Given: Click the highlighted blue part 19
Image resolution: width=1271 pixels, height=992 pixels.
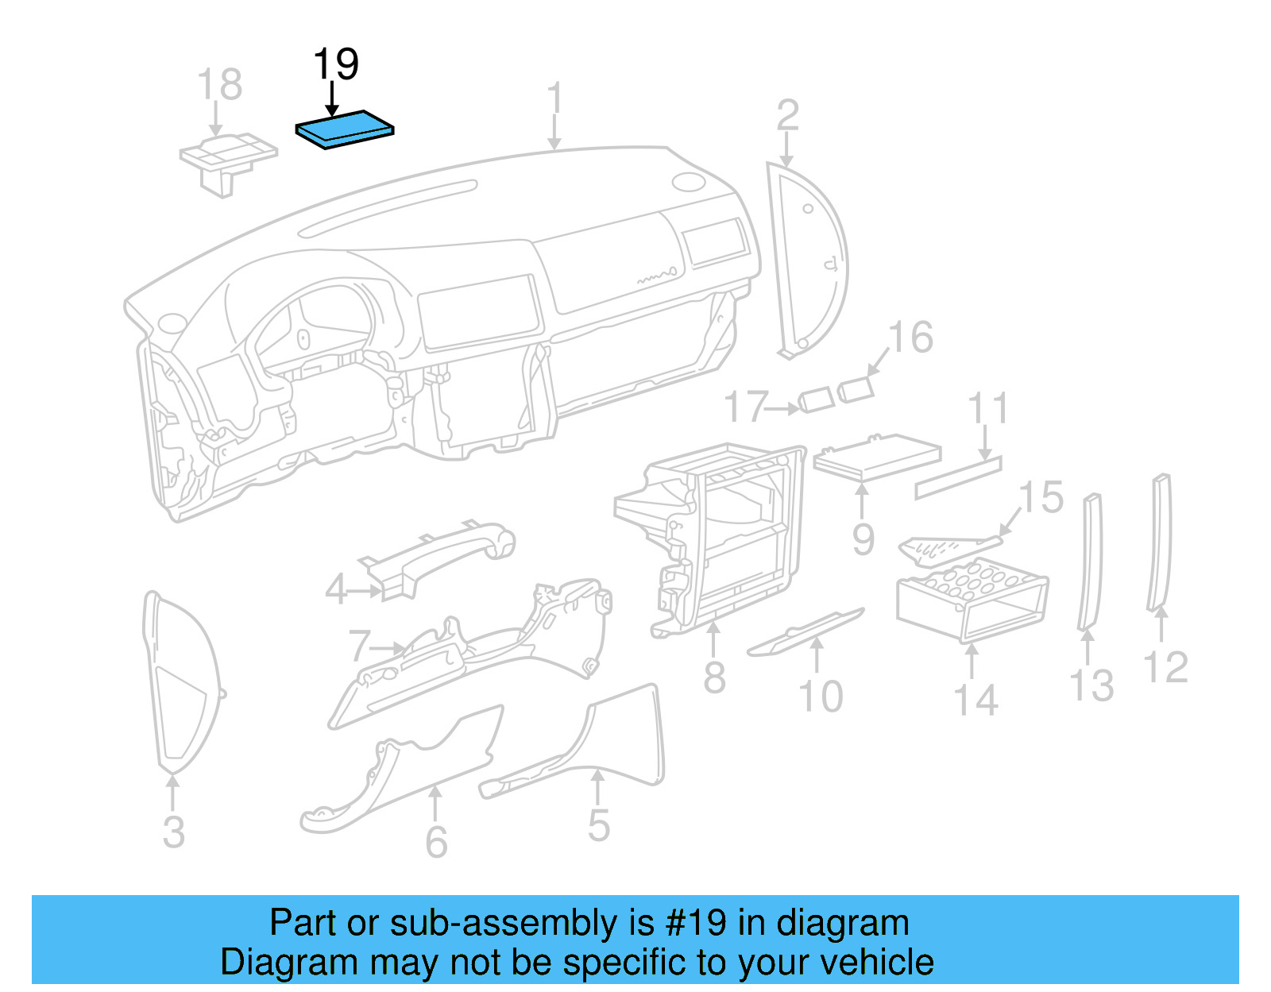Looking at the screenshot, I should [345, 129].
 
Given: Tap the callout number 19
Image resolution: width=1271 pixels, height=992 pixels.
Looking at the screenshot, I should [336, 64].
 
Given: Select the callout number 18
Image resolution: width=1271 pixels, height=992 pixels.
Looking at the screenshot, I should [219, 84].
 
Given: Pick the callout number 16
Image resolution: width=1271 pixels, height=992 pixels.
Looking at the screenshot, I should [910, 338].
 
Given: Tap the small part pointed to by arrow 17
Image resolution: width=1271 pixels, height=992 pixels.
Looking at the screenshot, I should [816, 400].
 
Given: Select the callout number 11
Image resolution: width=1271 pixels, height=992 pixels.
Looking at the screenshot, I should [988, 408].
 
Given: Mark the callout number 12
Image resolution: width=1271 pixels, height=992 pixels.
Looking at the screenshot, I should [1165, 667].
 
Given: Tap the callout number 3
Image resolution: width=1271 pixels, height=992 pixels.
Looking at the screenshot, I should [173, 832].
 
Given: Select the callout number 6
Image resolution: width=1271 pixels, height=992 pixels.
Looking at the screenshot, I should [436, 842].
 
